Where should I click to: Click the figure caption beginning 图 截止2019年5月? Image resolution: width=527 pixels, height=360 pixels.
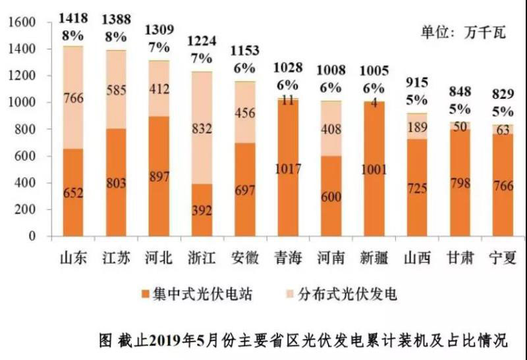[x=302, y=341]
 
